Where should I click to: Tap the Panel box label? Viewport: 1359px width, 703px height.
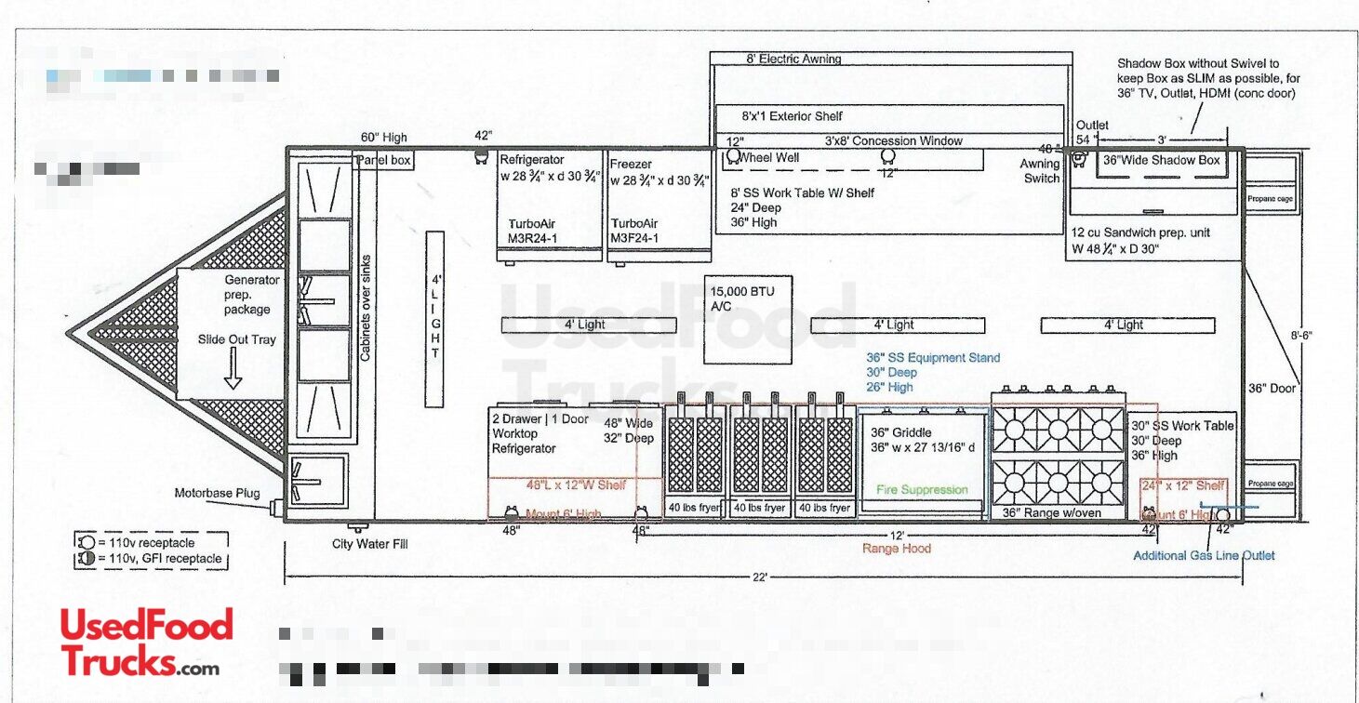[x=383, y=160]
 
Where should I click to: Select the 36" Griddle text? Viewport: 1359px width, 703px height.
[x=900, y=432]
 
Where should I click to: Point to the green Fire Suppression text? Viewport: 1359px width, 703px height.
[x=922, y=489]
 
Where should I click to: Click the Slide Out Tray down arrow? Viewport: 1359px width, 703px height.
[x=233, y=374]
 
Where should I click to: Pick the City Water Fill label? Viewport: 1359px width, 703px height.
[x=369, y=544]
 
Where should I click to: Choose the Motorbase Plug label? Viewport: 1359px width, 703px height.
[x=217, y=493]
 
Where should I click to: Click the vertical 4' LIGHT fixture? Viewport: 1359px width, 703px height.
[x=434, y=319]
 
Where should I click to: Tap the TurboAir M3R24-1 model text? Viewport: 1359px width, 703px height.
[x=540, y=231]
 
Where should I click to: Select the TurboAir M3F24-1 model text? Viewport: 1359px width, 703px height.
[x=634, y=231]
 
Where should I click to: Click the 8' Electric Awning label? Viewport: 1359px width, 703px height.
[x=793, y=59]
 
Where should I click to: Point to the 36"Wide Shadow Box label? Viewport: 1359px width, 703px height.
[x=1161, y=160]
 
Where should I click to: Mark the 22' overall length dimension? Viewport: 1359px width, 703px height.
[x=760, y=577]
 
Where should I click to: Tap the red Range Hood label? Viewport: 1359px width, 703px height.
[x=895, y=549]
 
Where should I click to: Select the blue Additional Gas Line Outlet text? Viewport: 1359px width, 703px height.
[x=1203, y=555]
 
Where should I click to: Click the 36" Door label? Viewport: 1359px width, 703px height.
[x=1271, y=388]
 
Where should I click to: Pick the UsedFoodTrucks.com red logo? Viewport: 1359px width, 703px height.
[x=147, y=642]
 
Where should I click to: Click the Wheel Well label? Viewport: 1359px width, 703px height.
[x=768, y=157]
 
